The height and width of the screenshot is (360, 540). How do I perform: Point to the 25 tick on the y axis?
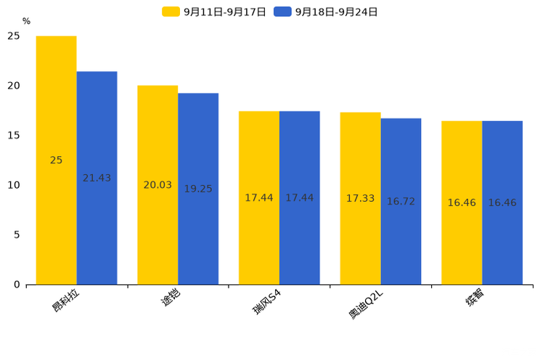(x=14, y=36)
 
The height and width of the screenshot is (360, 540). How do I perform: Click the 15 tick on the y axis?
(x=14, y=135)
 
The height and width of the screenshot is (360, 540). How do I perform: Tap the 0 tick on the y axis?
(x=17, y=285)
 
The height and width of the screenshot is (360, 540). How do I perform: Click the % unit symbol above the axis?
(x=26, y=21)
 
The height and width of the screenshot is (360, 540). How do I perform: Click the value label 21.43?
(x=97, y=178)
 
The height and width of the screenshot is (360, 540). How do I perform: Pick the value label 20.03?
(x=157, y=185)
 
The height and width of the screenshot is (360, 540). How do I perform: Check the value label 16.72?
(x=401, y=201)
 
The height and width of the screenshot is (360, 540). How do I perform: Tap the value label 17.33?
(x=360, y=198)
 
